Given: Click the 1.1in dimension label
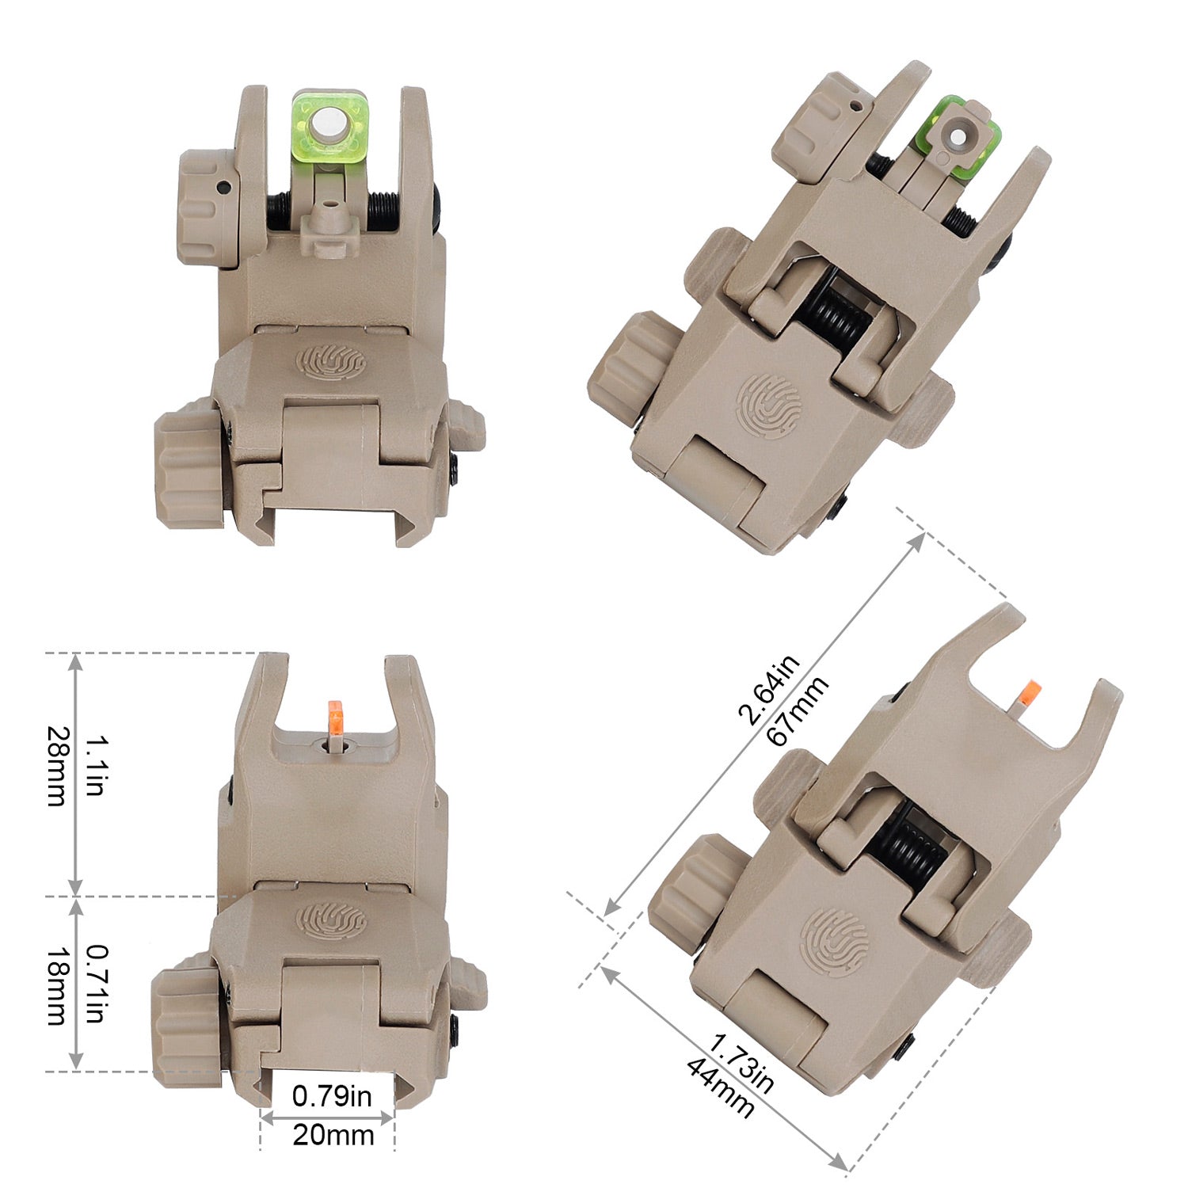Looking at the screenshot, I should coord(95,766).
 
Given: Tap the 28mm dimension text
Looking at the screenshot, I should coord(57,766).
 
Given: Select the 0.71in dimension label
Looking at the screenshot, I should coord(95,984).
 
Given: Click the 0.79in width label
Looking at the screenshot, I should coord(331,1096).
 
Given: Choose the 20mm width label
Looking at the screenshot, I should coord(333,1135).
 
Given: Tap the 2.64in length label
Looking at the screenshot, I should coord(768,690).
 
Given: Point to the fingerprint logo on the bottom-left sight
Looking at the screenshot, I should coord(331,919).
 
